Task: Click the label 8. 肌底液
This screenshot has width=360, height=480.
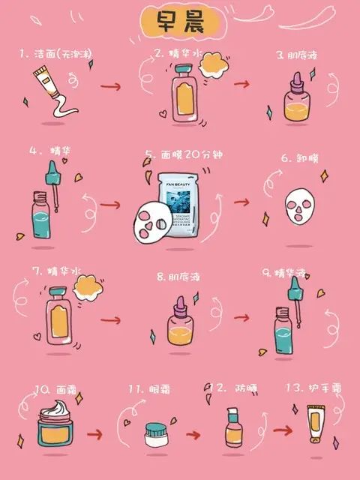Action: pyautogui.click(x=180, y=277)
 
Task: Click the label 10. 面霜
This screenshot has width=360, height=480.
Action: pyautogui.click(x=55, y=389)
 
